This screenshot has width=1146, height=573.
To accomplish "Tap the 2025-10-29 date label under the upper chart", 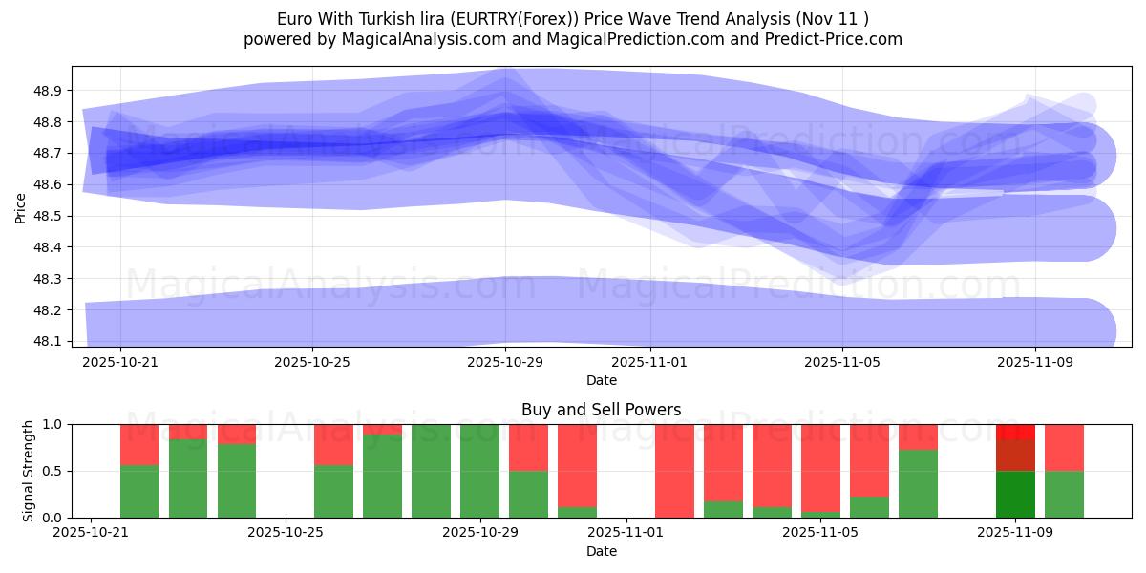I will point(505,363).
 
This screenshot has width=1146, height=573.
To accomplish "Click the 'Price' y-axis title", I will point(21,206).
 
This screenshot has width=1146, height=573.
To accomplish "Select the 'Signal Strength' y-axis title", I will point(29,471).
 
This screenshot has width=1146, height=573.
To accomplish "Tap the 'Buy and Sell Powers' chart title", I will point(601,410).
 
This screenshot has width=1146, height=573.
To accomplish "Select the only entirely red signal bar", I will point(674,471).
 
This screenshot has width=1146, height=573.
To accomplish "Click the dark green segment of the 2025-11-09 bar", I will point(1015,494).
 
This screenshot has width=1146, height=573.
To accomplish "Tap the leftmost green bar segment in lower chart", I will point(139,491).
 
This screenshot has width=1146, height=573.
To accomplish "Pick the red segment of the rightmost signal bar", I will point(1064,447).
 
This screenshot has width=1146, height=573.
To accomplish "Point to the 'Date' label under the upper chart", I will point(601,380).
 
